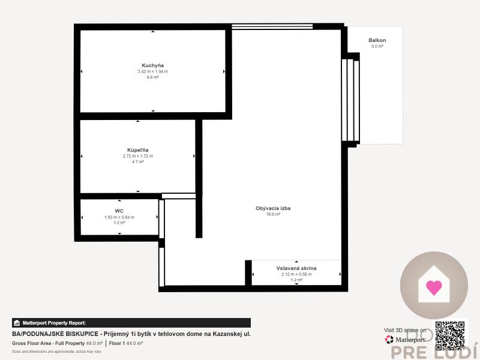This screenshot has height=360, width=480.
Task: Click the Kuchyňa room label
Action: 153,65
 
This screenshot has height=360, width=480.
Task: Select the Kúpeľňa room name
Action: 137,149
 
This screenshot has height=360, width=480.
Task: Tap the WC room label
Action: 119,211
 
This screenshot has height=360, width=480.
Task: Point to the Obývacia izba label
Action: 269,208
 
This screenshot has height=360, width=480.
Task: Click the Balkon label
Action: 377,40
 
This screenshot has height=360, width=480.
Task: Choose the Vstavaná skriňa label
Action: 296,268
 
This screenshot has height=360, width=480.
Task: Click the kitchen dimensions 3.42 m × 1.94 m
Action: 153,71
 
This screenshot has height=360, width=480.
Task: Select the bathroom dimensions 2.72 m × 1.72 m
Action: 137,156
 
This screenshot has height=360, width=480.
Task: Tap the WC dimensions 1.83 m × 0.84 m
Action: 119,217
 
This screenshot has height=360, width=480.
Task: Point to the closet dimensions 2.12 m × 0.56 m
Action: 296,274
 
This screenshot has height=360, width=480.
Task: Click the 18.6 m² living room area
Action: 269,214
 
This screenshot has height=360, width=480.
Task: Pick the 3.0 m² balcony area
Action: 377,46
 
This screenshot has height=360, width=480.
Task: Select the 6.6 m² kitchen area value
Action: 153,77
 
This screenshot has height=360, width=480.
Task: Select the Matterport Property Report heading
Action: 54,323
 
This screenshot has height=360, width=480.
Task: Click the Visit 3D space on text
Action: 405,330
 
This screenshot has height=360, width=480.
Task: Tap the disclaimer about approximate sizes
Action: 48,351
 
